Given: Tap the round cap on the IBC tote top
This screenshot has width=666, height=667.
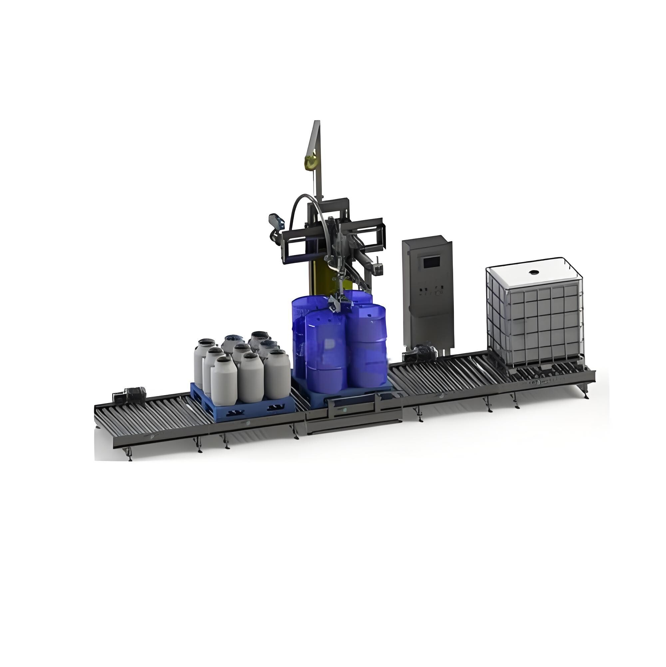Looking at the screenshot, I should click(x=534, y=272).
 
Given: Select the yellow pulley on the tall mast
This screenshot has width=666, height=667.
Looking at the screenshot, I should click(x=309, y=161).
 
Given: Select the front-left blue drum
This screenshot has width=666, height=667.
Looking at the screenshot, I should click(x=326, y=352).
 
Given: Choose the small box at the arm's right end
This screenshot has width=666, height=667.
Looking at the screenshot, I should click(x=379, y=269).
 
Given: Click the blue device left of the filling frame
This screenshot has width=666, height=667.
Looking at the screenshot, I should click(x=276, y=223).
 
